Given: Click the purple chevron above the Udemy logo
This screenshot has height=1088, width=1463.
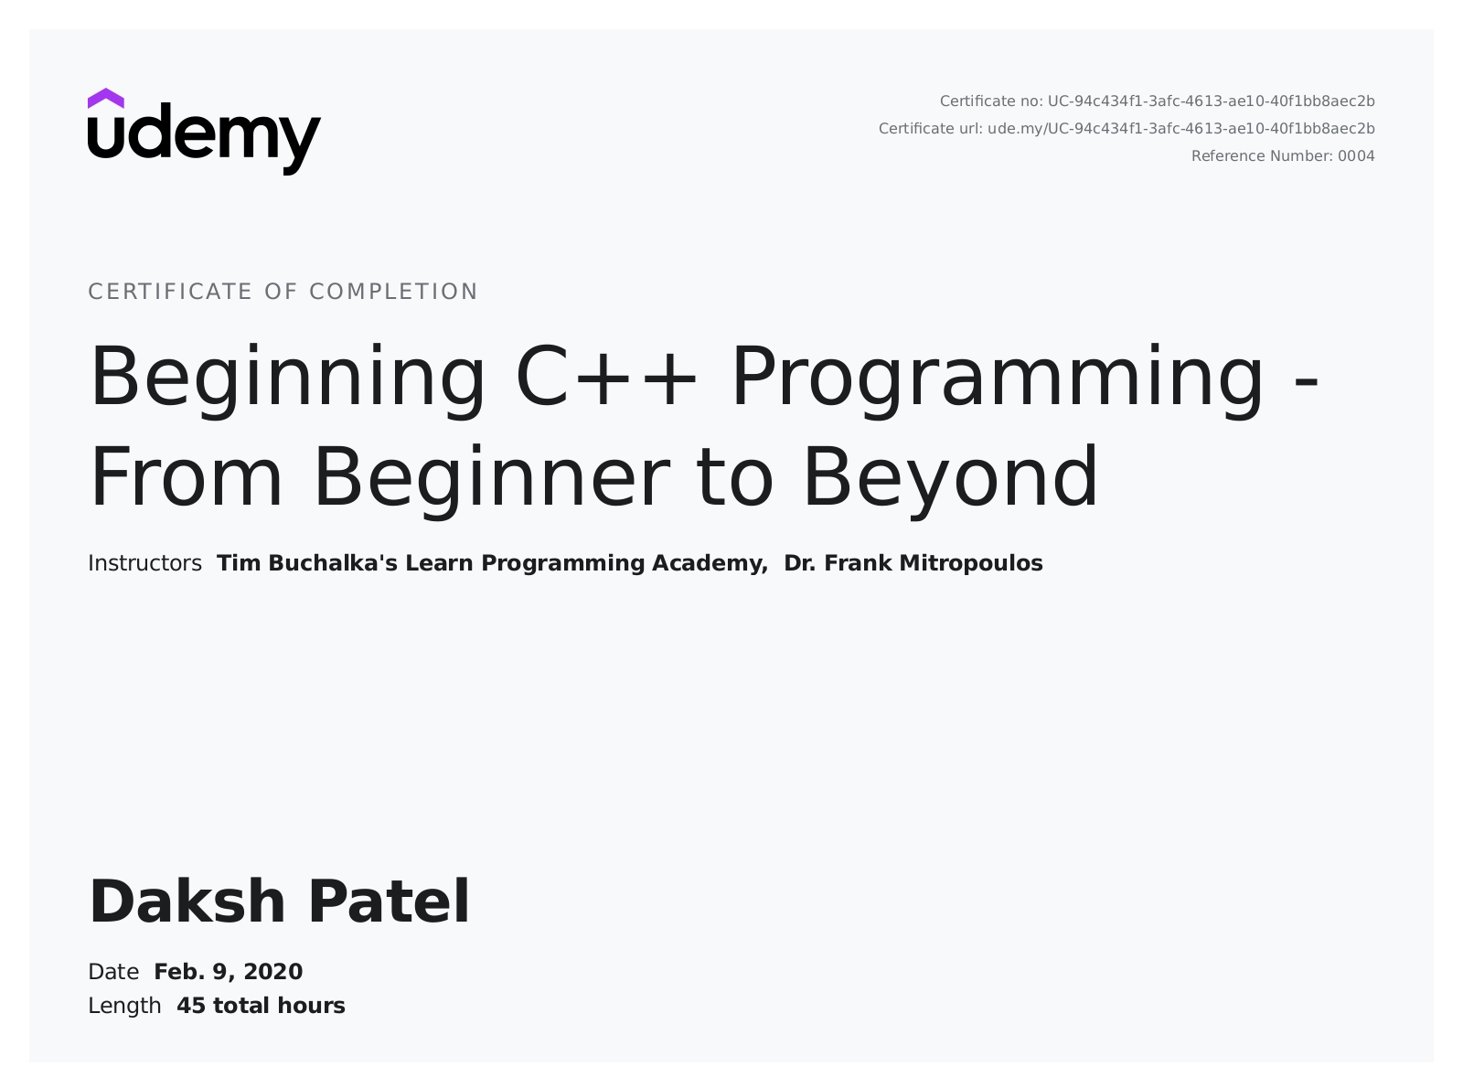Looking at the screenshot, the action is [105, 99].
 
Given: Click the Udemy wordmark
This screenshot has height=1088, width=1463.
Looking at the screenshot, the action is [205, 139].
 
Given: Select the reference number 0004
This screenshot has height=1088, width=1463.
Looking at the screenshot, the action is [1356, 156].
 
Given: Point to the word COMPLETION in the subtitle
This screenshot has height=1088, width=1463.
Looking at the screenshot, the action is [394, 292].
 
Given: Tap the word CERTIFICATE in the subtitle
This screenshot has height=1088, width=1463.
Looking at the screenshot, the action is [170, 292].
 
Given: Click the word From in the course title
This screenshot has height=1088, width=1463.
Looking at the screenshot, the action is [186, 477].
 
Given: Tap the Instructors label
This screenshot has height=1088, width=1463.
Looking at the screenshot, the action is [145, 563].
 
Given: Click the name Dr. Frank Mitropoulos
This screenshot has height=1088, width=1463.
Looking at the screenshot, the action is [913, 563].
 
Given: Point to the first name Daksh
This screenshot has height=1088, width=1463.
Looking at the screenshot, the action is [187, 901].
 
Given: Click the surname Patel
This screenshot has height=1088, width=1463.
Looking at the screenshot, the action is [390, 901].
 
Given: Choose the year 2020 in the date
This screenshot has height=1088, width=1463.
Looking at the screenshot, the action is [273, 972].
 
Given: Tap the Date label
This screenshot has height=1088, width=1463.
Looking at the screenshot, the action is [113, 972].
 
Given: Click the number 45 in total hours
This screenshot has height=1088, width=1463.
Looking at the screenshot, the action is [191, 1007].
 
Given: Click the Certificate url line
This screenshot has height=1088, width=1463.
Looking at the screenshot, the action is [1127, 129].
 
